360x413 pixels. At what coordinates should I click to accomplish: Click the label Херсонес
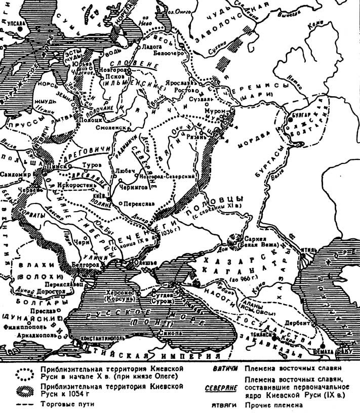pyautogui.click(x=119, y=293)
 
